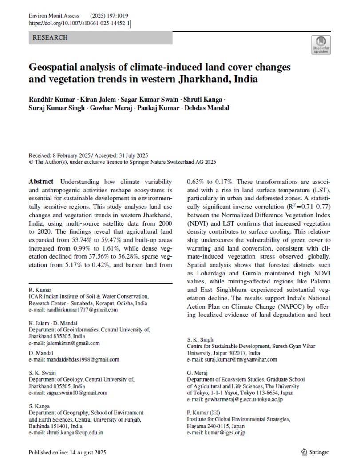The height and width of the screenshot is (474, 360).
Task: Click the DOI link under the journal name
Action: click(x=79, y=24)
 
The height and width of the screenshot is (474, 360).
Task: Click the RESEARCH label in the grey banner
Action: click(x=50, y=38)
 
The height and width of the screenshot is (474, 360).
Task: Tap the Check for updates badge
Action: click(x=320, y=44)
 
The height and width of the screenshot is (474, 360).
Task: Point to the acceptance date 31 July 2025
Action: click(x=131, y=156)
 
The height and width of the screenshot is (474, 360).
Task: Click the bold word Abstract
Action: click(x=41, y=182)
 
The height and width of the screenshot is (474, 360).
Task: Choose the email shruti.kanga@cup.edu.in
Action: click(x=66, y=433)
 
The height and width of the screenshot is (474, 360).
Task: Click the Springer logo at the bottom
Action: click(x=315, y=452)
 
